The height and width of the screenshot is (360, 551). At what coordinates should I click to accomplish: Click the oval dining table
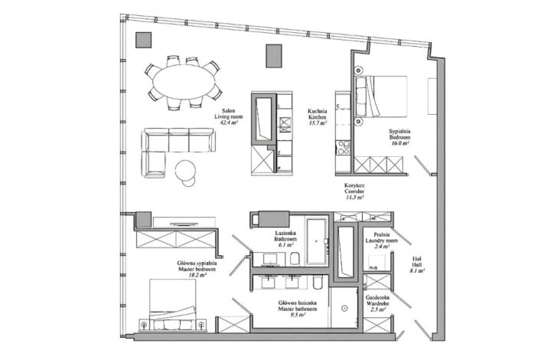tap(182, 80)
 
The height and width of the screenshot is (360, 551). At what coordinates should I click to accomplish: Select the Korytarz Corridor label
tap(353, 191)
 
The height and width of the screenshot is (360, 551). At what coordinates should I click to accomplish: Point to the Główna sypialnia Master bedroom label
tap(197, 267)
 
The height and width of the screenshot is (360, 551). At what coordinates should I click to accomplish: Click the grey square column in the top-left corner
tap(144, 41)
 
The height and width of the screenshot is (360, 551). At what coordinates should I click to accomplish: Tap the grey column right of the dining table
tap(272, 56)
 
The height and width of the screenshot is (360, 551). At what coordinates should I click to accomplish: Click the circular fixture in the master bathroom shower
tap(345, 308)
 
